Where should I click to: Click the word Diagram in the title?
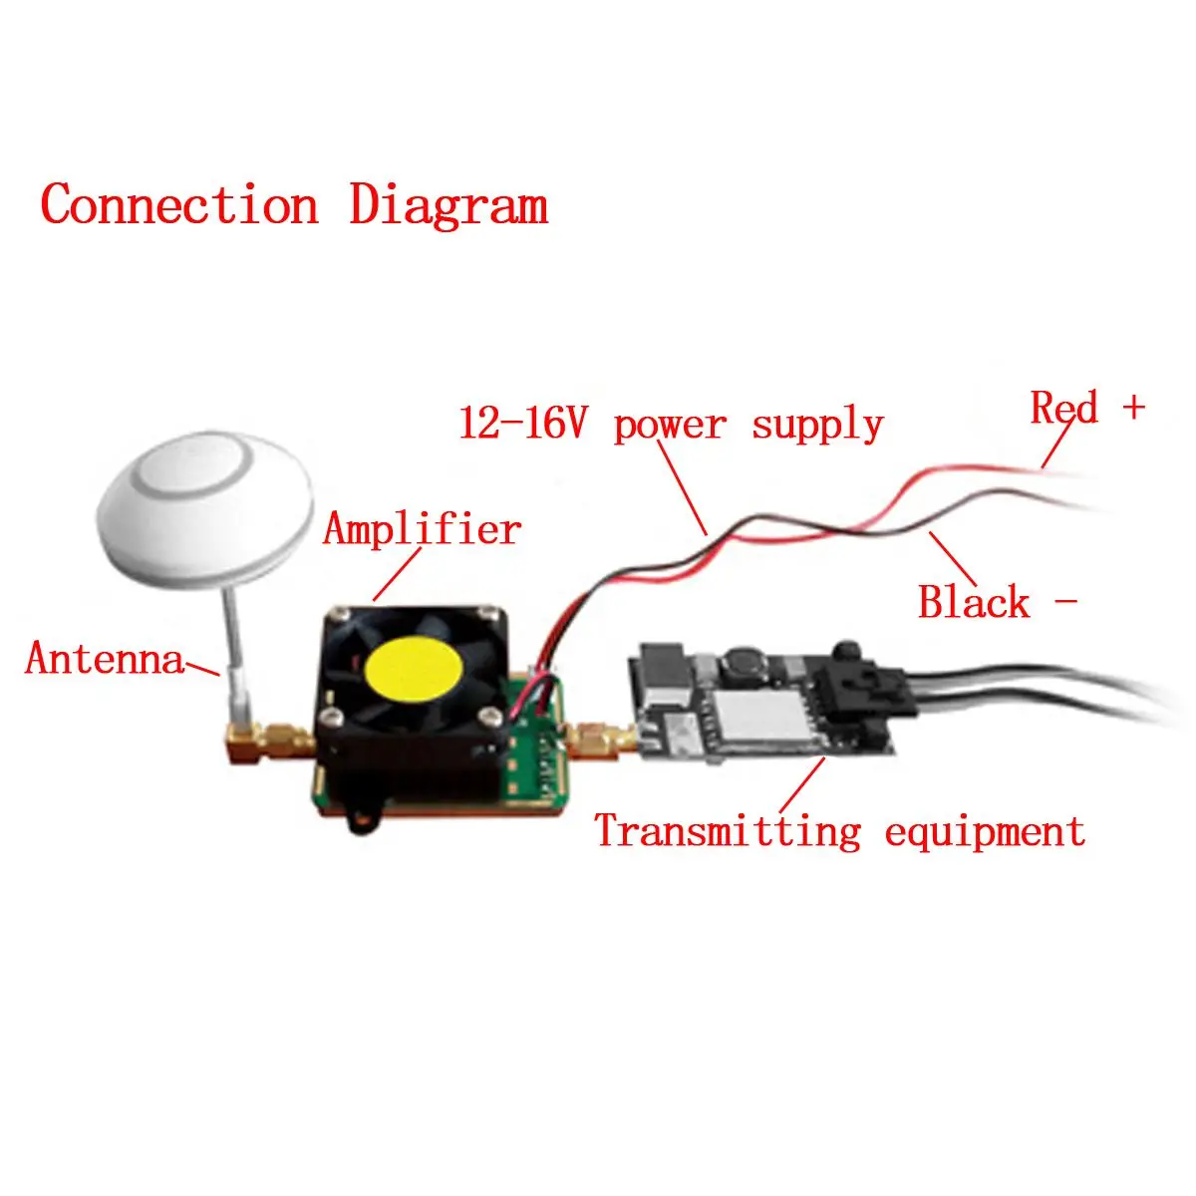[x=448, y=205]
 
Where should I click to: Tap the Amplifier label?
[x=422, y=529]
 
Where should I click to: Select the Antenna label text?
[x=105, y=658]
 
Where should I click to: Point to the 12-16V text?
[x=522, y=423]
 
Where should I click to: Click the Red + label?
[x=1087, y=408]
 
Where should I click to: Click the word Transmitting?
[x=728, y=831]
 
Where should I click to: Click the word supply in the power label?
[x=817, y=426]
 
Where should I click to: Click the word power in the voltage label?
[x=670, y=427]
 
